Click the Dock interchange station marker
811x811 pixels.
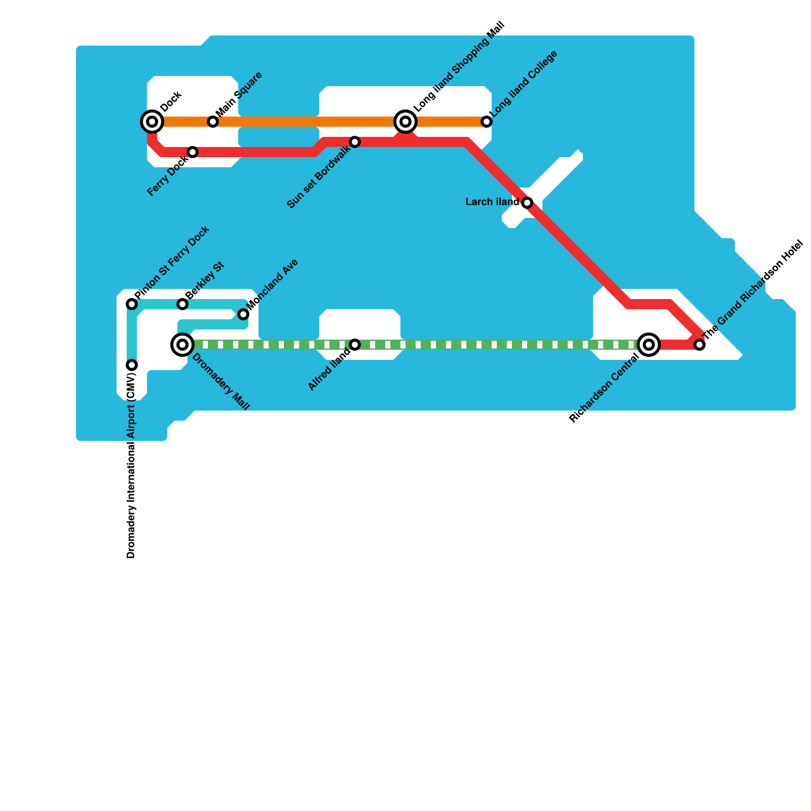(152, 122)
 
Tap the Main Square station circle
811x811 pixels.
(213, 122)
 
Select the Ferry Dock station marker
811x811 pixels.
(193, 152)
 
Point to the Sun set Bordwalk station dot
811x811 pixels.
(355, 142)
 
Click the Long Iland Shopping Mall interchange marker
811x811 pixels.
(405, 122)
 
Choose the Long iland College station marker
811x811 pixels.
(487, 122)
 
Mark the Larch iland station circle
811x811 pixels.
(527, 203)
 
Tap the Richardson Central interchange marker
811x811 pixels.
(649, 345)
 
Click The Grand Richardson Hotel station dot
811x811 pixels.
(699, 345)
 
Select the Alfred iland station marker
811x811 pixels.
(355, 345)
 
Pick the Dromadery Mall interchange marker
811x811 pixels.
(182, 345)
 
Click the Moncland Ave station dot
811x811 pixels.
(243, 314)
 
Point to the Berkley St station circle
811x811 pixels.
(182, 304)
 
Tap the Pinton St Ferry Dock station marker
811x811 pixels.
(132, 304)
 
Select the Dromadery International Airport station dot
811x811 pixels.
(132, 365)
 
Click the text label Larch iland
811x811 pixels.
(492, 202)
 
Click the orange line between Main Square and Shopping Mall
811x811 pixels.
(304, 122)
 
